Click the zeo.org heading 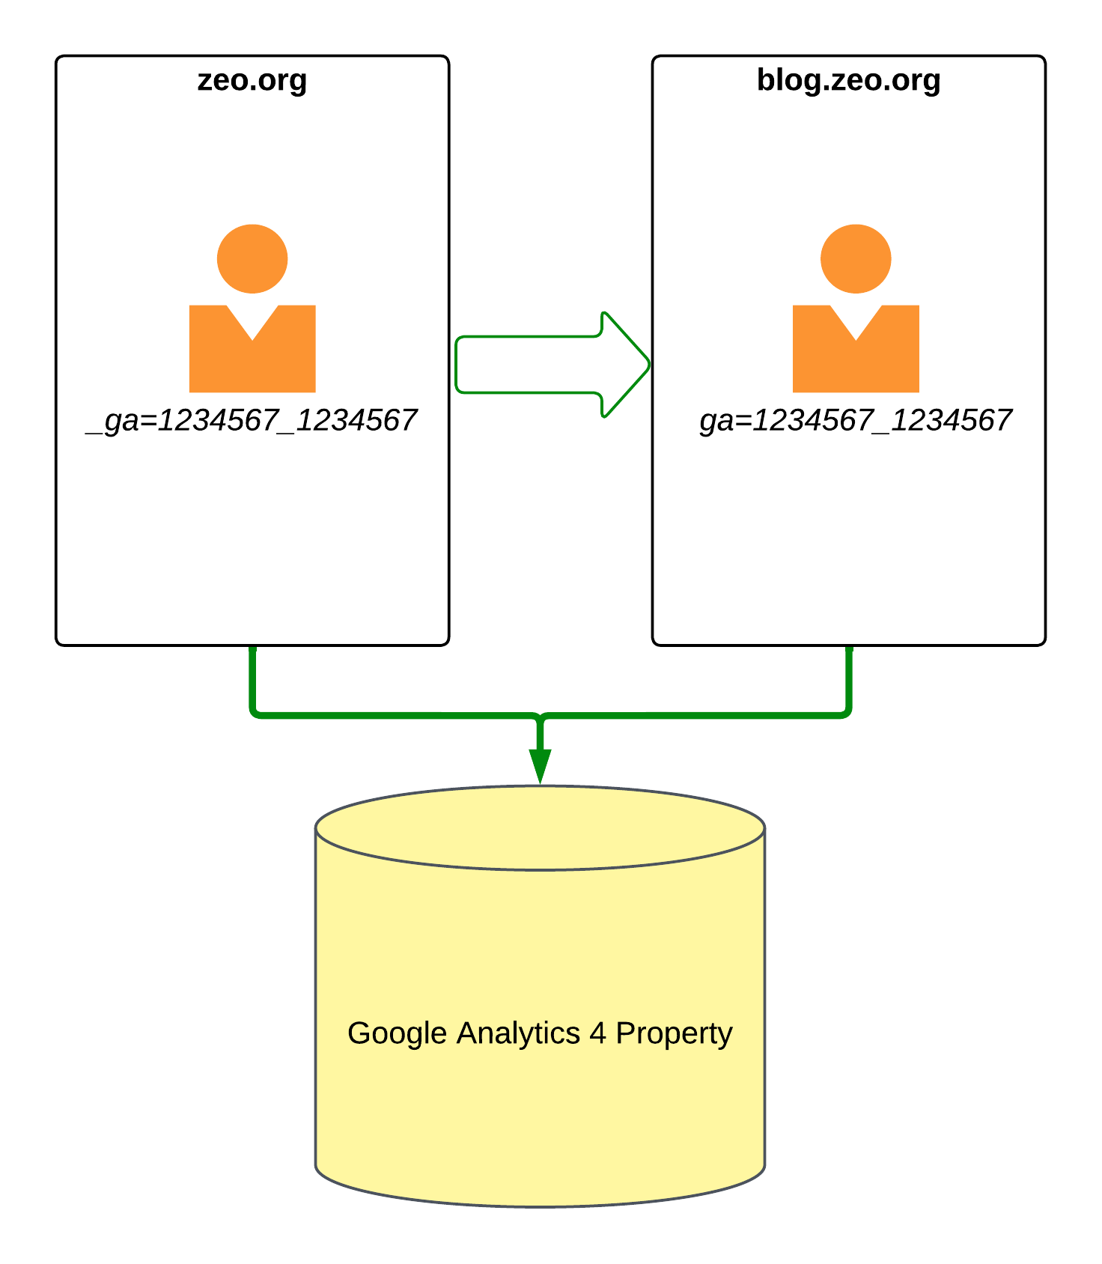coord(252,81)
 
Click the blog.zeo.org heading coord(848,81)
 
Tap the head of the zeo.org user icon coord(252,258)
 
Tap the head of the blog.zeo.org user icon coord(856,258)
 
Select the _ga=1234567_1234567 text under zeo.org coord(252,421)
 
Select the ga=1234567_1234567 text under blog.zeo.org coord(856,421)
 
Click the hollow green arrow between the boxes coord(552,365)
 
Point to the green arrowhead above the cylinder coord(540,765)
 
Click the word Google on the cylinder coord(398,1034)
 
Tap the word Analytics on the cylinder coord(518,1034)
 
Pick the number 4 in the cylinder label coord(597,1033)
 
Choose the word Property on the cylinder coord(674,1034)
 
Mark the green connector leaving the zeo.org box coord(374,716)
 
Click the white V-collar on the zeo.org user coord(252,318)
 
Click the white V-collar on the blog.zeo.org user coord(856,318)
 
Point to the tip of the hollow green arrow coord(650,365)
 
